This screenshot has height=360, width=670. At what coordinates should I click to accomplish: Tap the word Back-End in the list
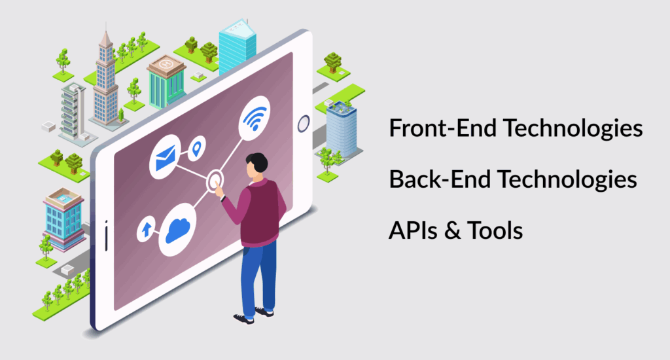tap(440, 179)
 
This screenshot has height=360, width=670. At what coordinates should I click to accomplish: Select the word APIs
tap(413, 230)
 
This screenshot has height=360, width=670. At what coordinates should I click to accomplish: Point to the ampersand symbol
tap(453, 230)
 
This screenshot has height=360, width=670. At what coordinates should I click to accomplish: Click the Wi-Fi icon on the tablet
tap(255, 118)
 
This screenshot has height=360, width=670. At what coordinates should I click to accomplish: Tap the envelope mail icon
tap(166, 157)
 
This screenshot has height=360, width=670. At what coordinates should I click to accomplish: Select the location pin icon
tap(196, 148)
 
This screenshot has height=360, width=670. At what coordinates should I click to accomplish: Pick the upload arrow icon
tap(146, 229)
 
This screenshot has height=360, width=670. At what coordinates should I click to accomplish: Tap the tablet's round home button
tap(304, 124)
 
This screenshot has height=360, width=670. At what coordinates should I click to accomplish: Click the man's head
tap(256, 166)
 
